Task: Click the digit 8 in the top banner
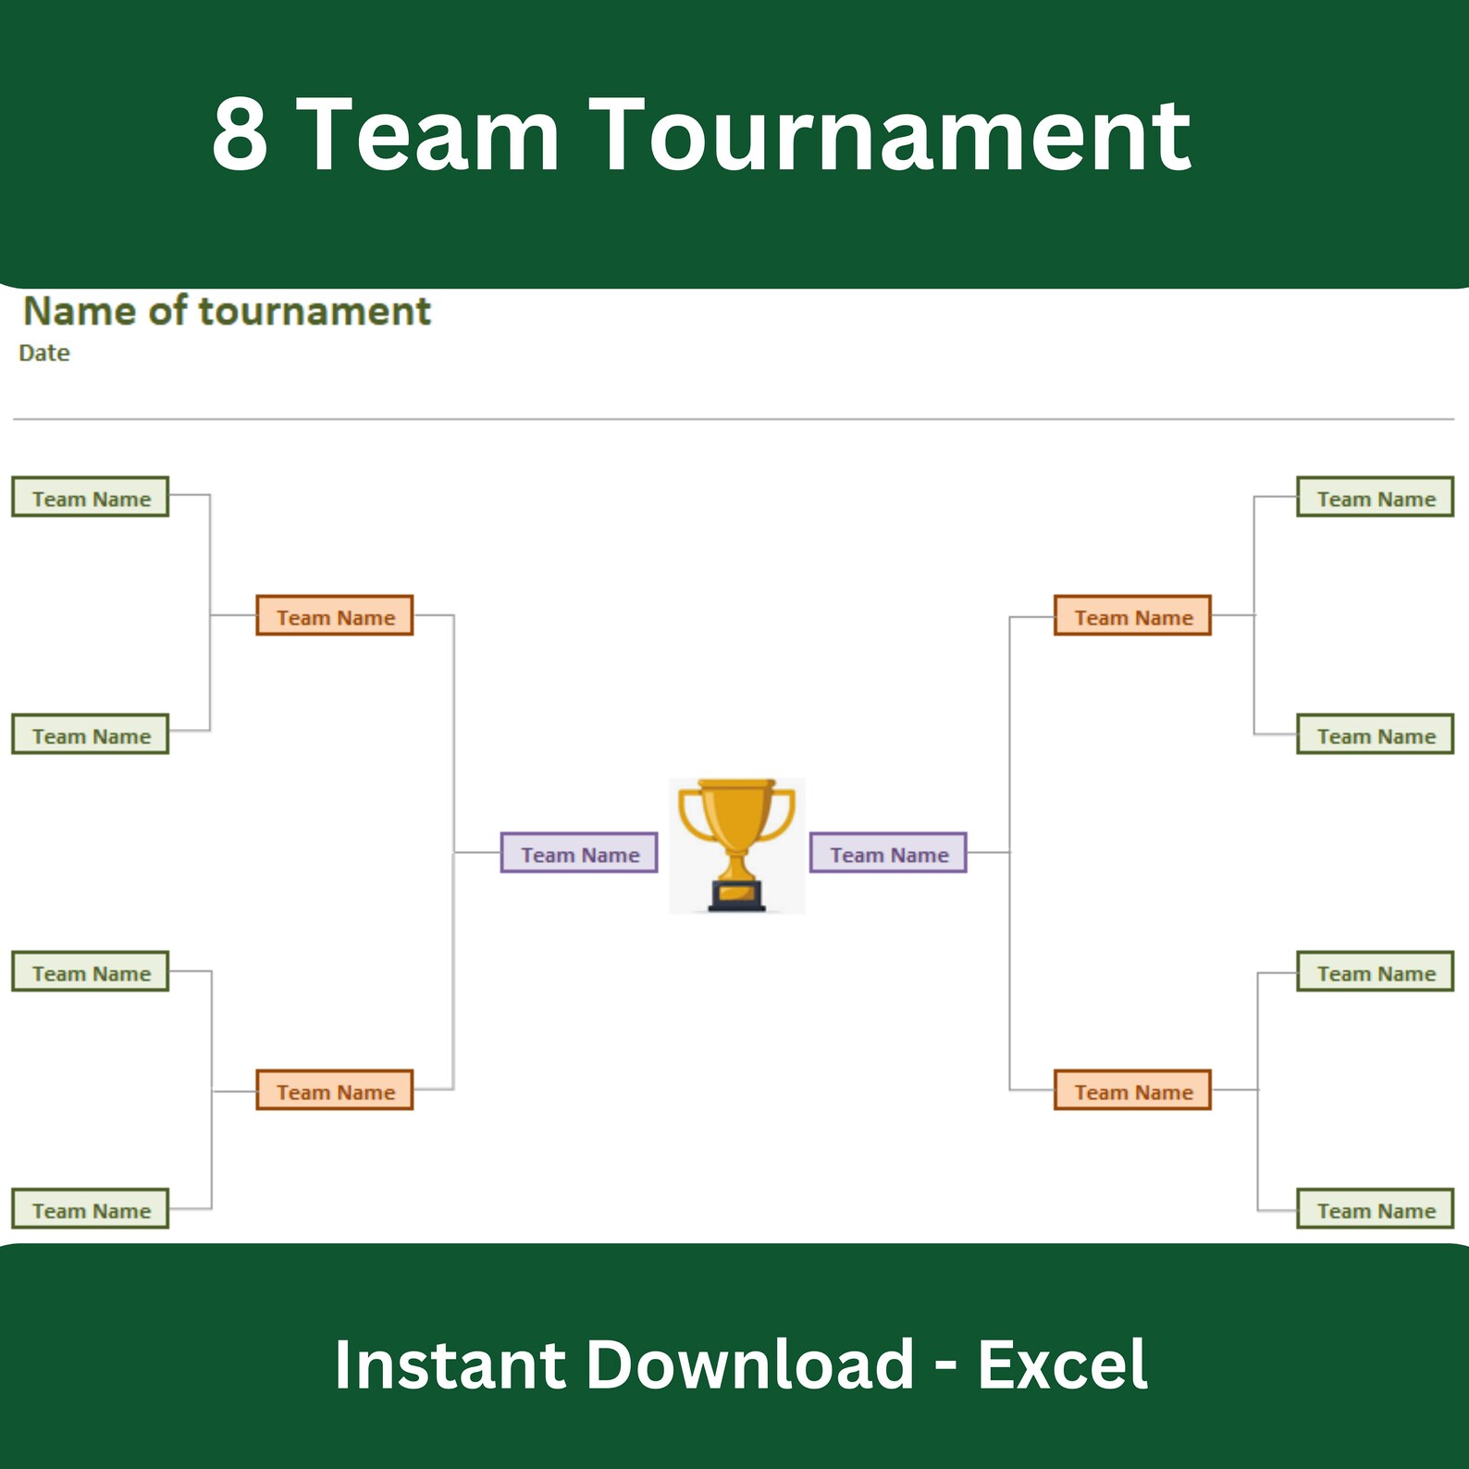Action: pyautogui.click(x=241, y=135)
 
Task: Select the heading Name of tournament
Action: pyautogui.click(x=227, y=311)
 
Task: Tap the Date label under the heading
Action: pyautogui.click(x=44, y=352)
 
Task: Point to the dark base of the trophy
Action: pyautogui.click(x=737, y=896)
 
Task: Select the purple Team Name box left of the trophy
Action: pyautogui.click(x=579, y=853)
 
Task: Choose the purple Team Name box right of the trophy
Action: pyautogui.click(x=888, y=853)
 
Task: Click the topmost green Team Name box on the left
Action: pyautogui.click(x=91, y=497)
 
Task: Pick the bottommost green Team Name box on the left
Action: pyautogui.click(x=91, y=1209)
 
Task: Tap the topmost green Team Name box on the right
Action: pyautogui.click(x=1376, y=497)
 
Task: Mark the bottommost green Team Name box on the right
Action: pyautogui.click(x=1376, y=1209)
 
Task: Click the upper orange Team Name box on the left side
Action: pyautogui.click(x=335, y=615)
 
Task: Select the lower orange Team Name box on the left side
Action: pyautogui.click(x=335, y=1090)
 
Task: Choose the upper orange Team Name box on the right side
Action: pyautogui.click(x=1132, y=615)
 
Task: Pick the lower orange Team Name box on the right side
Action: pyautogui.click(x=1132, y=1090)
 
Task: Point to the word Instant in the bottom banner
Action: pyautogui.click(x=451, y=1364)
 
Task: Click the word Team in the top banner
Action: pyautogui.click(x=432, y=135)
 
